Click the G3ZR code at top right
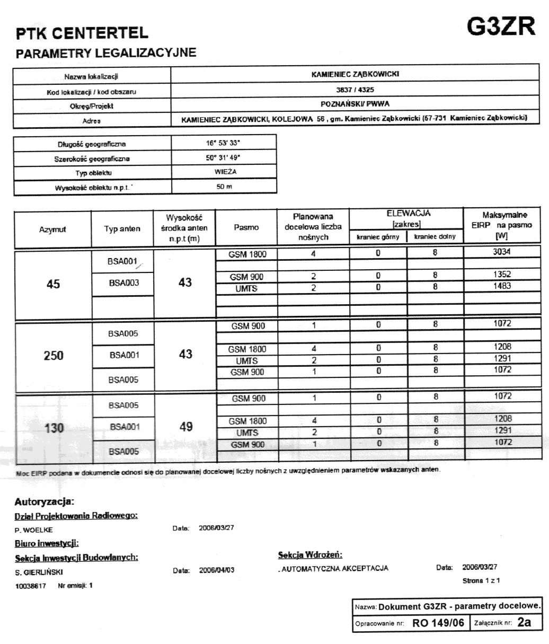tap(500, 27)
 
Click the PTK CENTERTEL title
tap(82, 34)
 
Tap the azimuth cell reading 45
tap(52, 284)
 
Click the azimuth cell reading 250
tap(53, 355)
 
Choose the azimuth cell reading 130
tap(54, 428)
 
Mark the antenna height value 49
tap(185, 427)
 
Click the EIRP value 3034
tap(502, 253)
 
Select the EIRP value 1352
tap(502, 276)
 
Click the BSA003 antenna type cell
tap(124, 283)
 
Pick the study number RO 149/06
tap(438, 623)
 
